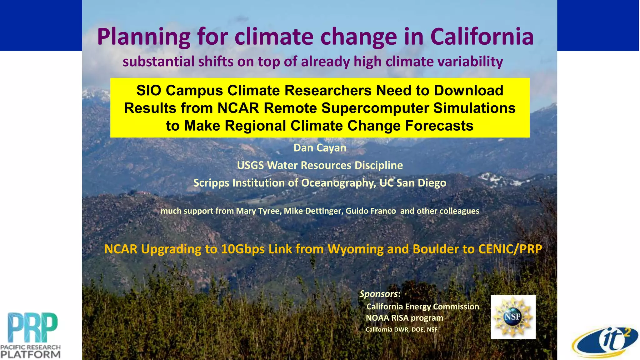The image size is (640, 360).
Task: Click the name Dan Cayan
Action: tap(320, 148)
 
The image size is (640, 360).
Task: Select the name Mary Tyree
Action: tap(258, 211)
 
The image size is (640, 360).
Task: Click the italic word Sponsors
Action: tap(378, 294)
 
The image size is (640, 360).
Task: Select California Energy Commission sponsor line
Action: tap(422, 307)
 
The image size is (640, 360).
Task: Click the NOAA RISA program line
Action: tap(404, 318)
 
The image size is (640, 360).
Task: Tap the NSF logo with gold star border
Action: tap(513, 317)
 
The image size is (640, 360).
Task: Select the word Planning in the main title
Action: tap(143, 37)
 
